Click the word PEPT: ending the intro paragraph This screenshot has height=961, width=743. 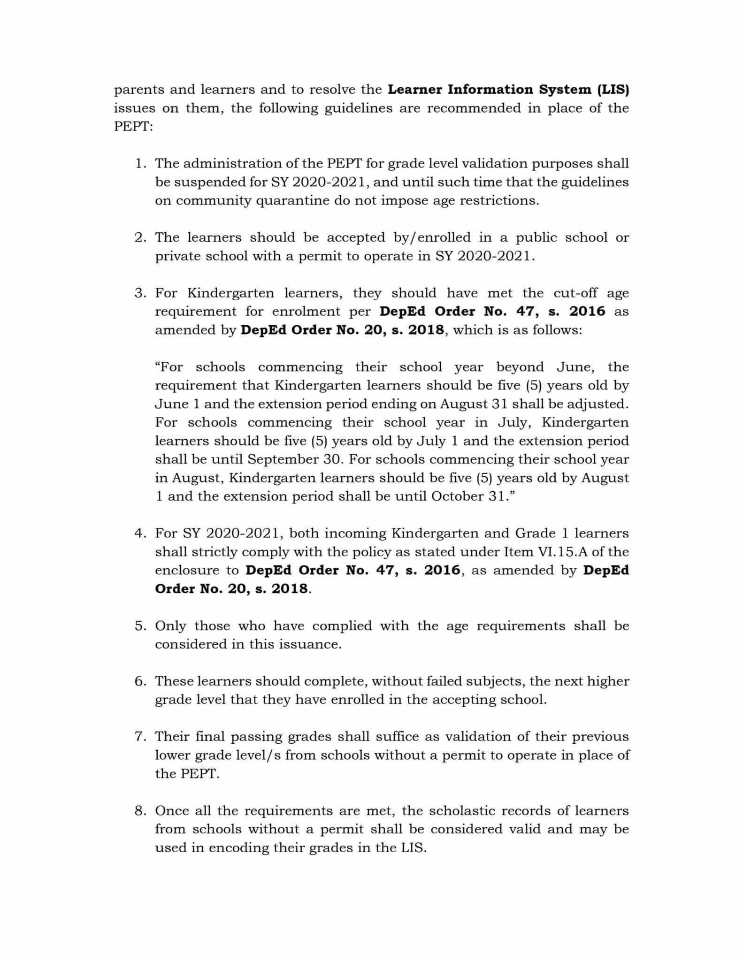pyautogui.click(x=133, y=127)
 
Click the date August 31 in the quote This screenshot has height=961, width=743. pyautogui.click(x=474, y=404)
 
